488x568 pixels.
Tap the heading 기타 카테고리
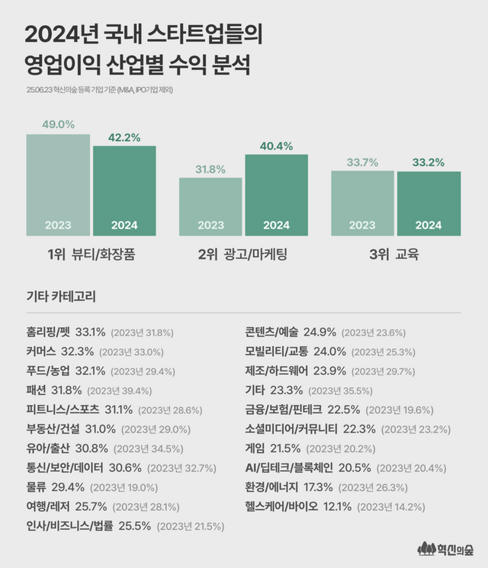pyautogui.click(x=60, y=295)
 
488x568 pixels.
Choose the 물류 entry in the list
pyautogui.click(x=40, y=486)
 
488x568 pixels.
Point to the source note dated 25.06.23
pyautogui.click(x=103, y=89)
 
